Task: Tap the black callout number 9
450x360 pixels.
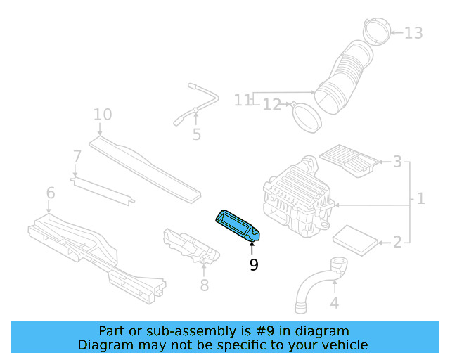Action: (254, 264)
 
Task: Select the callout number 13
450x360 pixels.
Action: (414, 32)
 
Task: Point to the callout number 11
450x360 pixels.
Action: (243, 100)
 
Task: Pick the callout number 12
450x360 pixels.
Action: (272, 105)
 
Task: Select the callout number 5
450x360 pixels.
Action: (196, 134)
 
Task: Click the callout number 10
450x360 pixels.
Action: (103, 114)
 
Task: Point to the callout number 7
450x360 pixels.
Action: (77, 155)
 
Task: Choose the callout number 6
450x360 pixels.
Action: (50, 193)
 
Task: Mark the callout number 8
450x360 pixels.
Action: (205, 285)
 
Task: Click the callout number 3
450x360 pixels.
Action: (397, 162)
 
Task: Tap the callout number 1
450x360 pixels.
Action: (420, 198)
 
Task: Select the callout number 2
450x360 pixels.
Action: (397, 243)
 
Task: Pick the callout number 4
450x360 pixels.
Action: (335, 303)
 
